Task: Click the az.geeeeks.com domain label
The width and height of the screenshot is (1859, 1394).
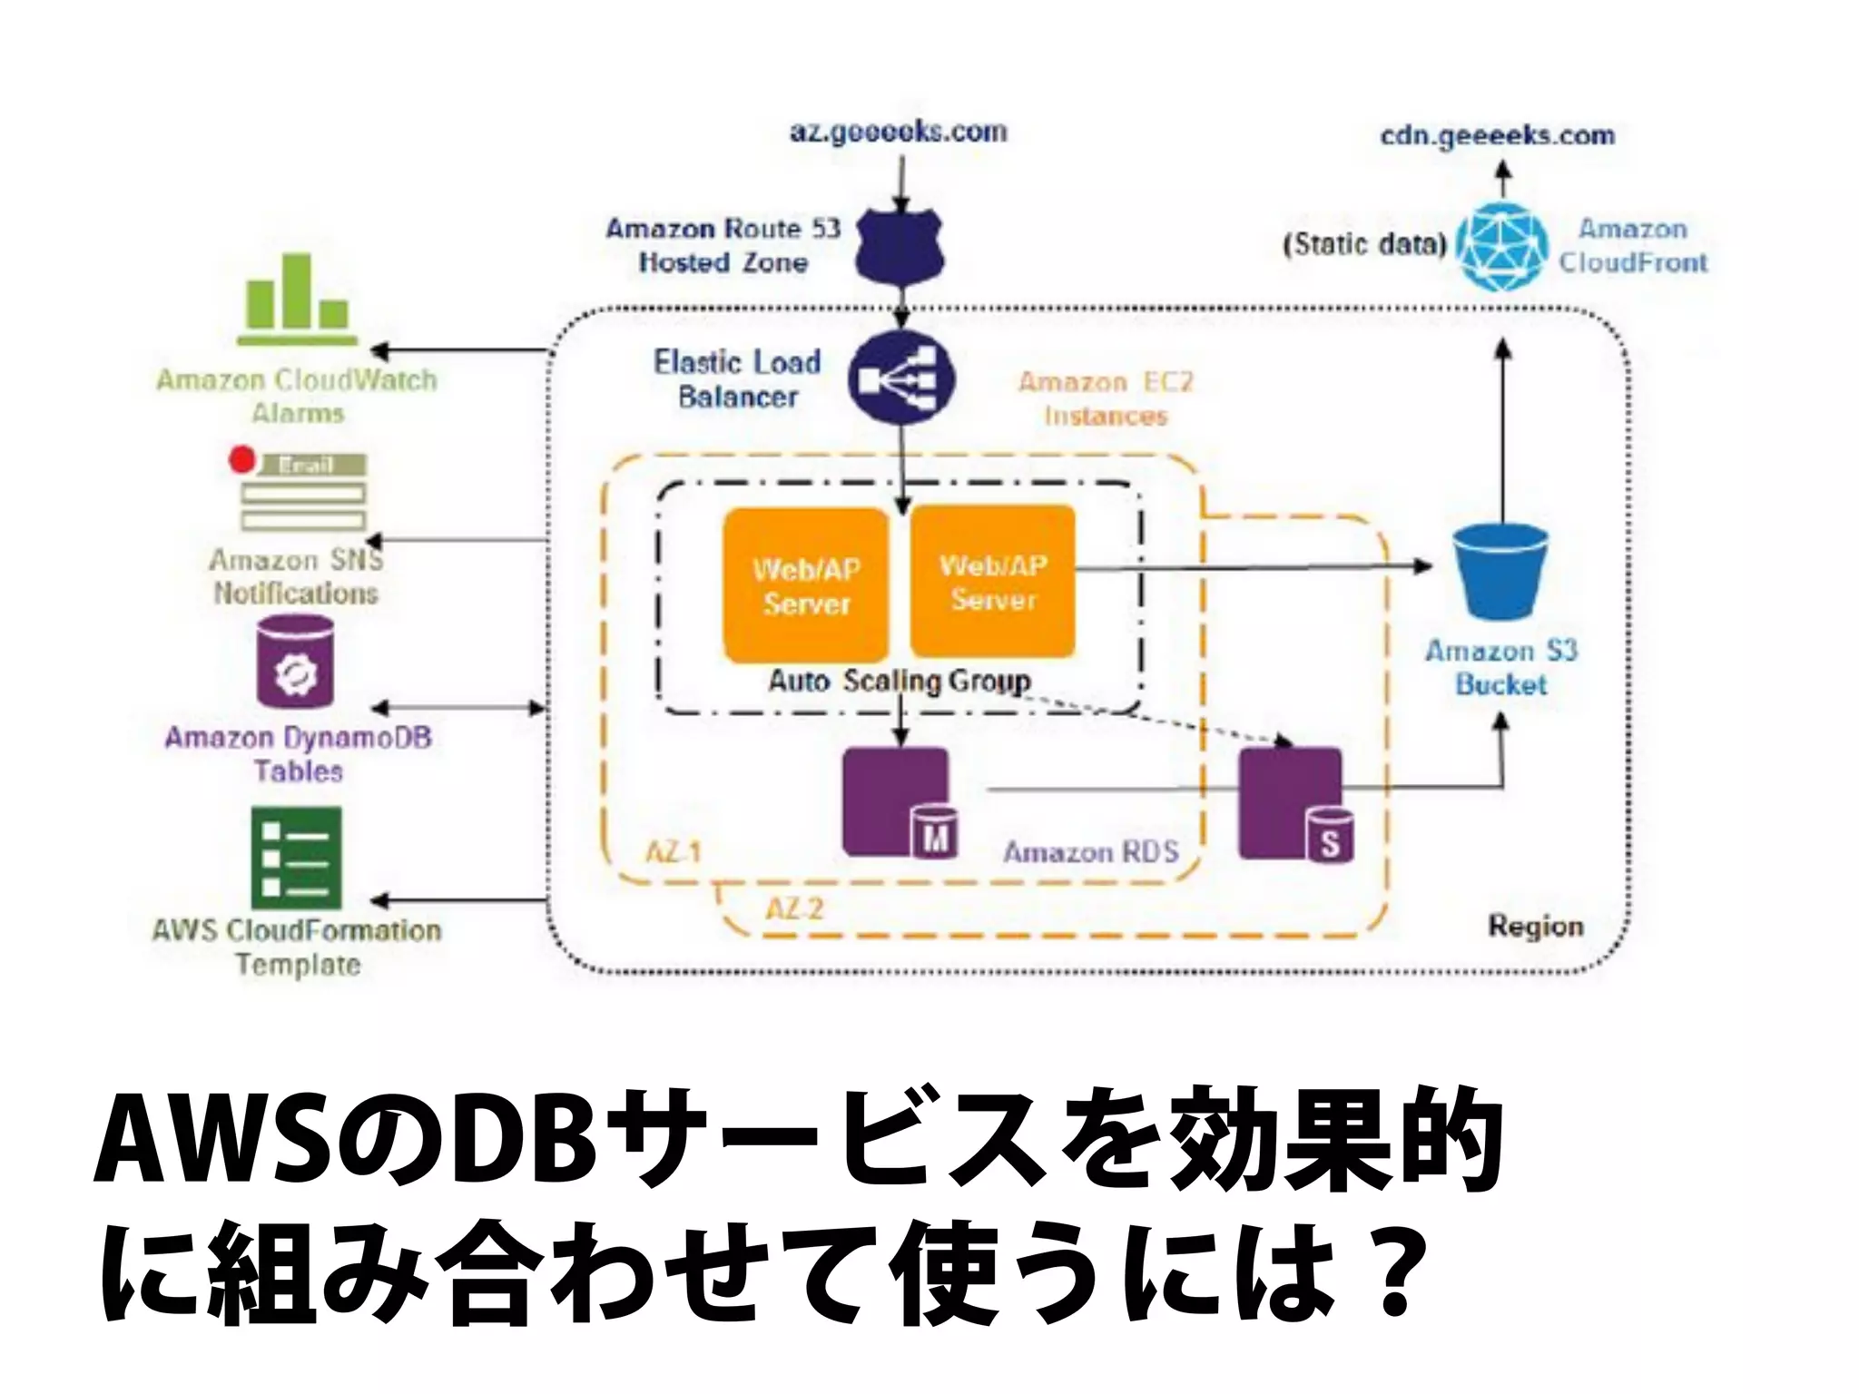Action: (x=898, y=133)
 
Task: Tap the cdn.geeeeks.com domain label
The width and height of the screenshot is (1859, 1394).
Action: (x=1498, y=136)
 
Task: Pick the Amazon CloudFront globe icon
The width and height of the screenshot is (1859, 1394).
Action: (x=1502, y=246)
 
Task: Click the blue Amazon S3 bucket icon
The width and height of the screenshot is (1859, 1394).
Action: (x=1500, y=574)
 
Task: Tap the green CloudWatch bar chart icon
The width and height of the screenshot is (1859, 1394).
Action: (x=298, y=299)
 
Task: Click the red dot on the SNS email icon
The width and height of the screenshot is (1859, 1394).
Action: (x=241, y=460)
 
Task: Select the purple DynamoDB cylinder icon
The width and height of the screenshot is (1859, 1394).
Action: (x=295, y=662)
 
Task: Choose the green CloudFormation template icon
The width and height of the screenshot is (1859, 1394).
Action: (x=296, y=858)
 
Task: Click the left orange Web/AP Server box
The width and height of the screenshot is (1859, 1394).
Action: (x=806, y=585)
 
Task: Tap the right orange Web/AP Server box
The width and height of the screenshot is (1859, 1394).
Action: (x=993, y=582)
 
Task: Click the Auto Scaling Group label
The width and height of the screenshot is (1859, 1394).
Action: (x=899, y=681)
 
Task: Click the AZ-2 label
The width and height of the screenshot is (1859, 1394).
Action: (x=794, y=908)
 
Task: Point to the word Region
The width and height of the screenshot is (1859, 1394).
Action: (x=1536, y=927)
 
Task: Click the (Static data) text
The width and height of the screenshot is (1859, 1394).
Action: (x=1363, y=245)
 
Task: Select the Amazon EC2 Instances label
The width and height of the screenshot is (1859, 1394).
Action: (x=1105, y=399)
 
